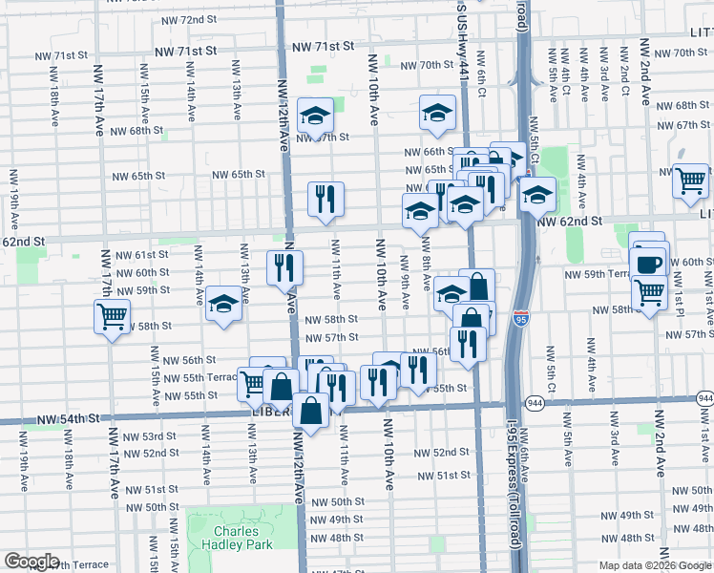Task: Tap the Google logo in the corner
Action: (x=31, y=562)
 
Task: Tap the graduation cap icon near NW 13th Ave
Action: (x=223, y=305)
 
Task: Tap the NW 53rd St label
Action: (x=147, y=436)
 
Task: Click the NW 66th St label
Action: (x=426, y=152)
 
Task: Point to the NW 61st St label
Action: (x=141, y=255)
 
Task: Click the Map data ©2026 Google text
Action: (x=654, y=565)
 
